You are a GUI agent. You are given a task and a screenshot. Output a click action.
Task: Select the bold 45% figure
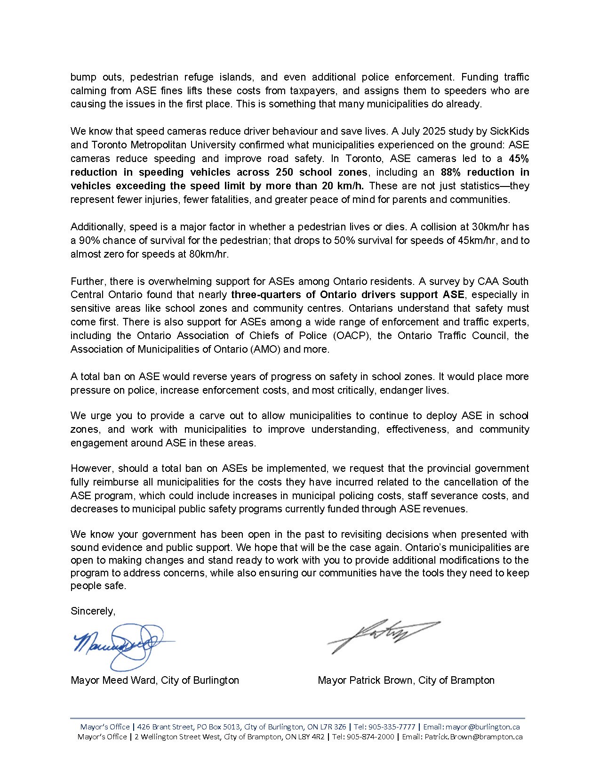pos(519,158)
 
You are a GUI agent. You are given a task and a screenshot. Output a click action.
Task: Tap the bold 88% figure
pos(451,172)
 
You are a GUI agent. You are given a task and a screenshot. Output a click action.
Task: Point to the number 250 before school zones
pos(285,172)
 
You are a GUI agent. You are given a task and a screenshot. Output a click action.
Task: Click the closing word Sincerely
pos(93,611)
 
